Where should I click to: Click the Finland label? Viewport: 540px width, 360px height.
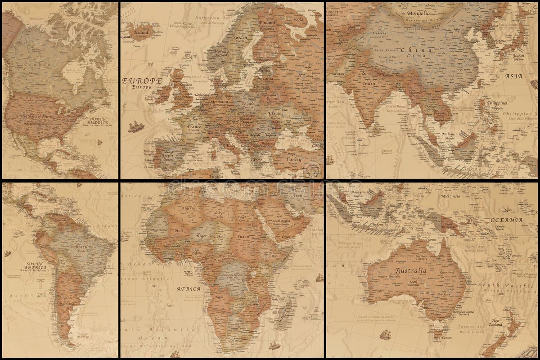click(x=267, y=22)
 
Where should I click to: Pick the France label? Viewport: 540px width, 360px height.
click(x=195, y=127)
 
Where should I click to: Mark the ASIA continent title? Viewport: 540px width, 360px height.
click(x=513, y=76)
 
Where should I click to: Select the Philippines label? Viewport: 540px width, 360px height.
click(x=498, y=103)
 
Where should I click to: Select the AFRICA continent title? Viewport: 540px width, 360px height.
click(x=189, y=289)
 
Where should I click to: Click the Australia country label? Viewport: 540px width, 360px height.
click(x=410, y=270)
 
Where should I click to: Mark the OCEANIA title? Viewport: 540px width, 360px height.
click(x=506, y=220)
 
